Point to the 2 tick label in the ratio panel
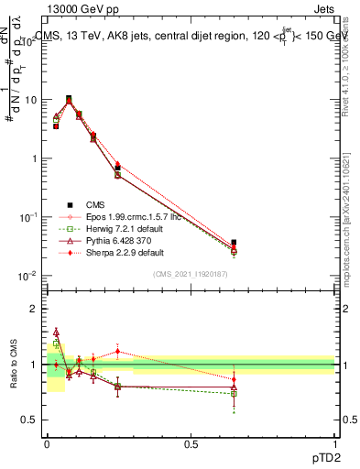click(x=33, y=309)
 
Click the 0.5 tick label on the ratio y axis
click(x=28, y=420)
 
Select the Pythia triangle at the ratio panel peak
click(x=56, y=333)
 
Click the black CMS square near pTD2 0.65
click(x=234, y=243)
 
